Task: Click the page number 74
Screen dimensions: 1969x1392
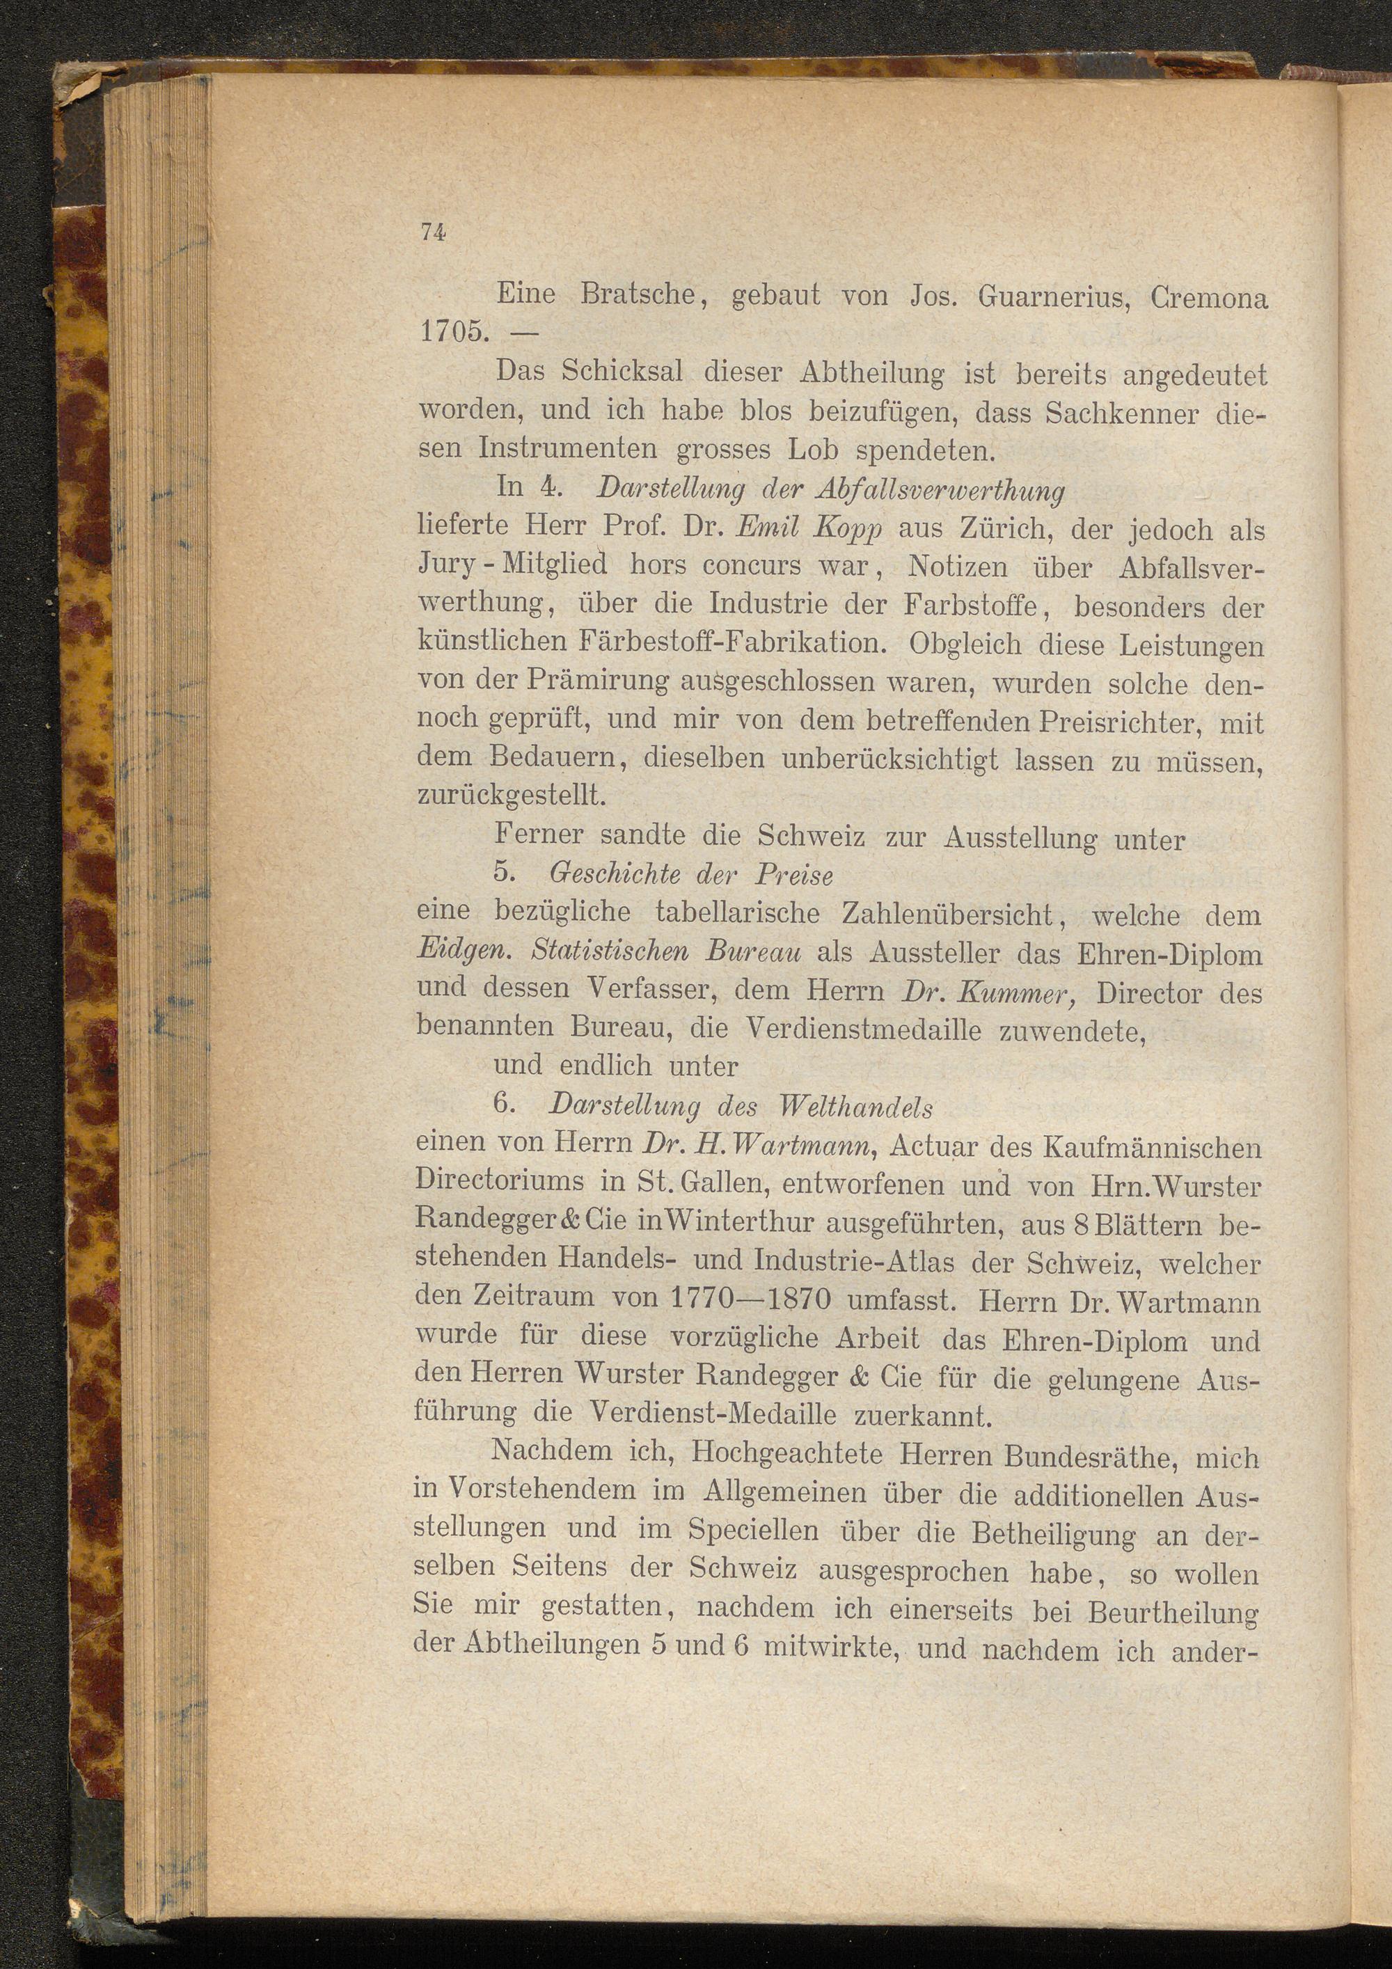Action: click(x=433, y=232)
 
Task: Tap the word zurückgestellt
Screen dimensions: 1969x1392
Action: click(x=512, y=795)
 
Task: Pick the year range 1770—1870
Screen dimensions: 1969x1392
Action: click(x=749, y=1297)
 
